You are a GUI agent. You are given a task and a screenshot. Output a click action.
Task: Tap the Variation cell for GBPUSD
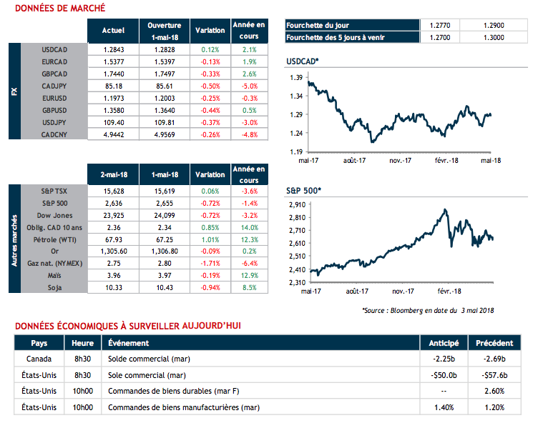210,110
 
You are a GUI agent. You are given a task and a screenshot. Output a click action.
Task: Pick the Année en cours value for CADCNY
249,134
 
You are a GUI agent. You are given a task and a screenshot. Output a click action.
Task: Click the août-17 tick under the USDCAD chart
352,161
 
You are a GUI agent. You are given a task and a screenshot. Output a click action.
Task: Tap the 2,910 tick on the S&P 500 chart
295,205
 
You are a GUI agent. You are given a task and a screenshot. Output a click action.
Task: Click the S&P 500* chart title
303,191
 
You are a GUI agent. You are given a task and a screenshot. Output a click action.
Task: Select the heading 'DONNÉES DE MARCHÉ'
59,8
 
